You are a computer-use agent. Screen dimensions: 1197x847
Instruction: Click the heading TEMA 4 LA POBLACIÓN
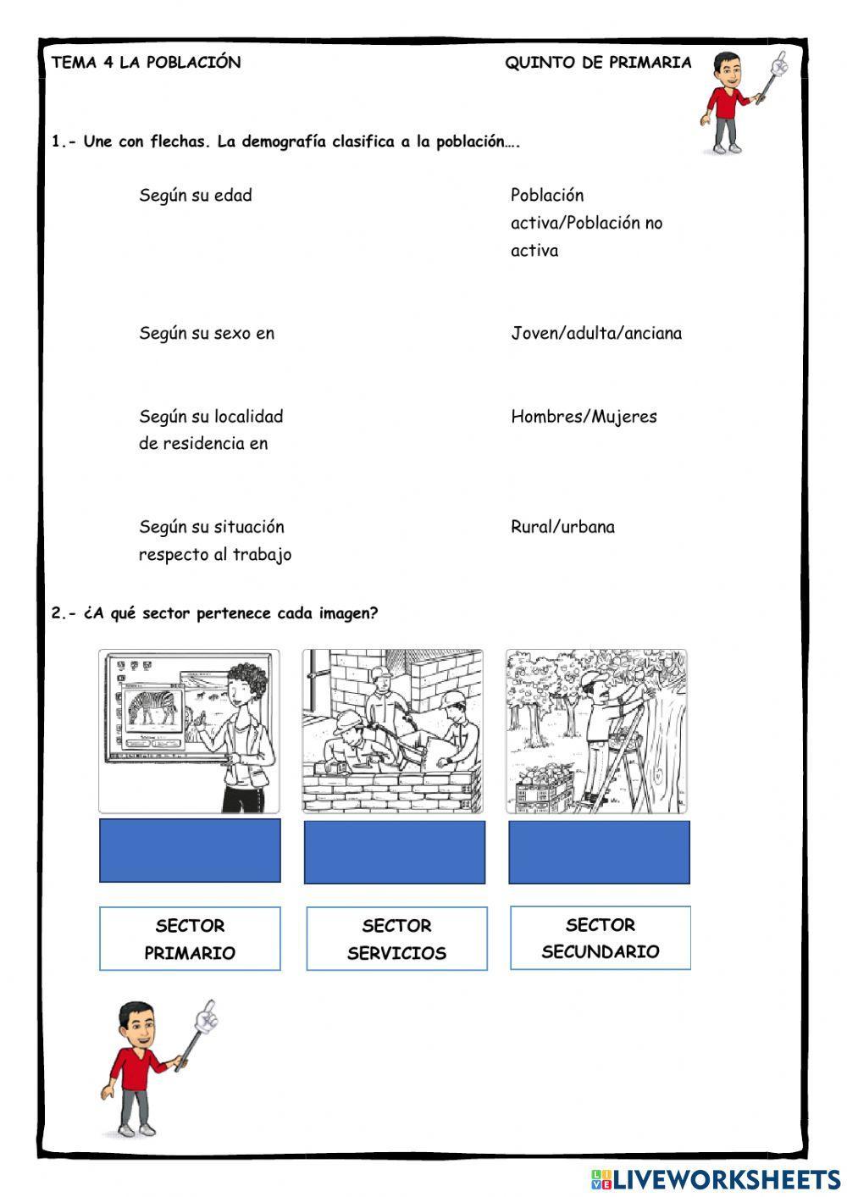pyautogui.click(x=146, y=63)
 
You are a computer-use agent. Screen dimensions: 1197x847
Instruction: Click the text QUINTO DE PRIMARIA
pyautogui.click(x=598, y=63)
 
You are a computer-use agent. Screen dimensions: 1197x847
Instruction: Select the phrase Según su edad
pyautogui.click(x=196, y=196)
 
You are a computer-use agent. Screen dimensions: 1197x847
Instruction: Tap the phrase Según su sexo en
pyautogui.click(x=207, y=334)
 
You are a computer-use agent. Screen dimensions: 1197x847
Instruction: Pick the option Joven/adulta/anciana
pyautogui.click(x=595, y=334)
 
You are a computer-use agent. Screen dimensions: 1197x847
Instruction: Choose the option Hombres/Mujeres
pyautogui.click(x=584, y=417)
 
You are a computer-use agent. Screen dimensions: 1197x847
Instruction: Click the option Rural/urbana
pyautogui.click(x=562, y=527)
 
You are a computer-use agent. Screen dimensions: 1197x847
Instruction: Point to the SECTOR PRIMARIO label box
pyautogui.click(x=190, y=939)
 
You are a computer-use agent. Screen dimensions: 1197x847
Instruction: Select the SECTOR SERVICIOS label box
pyautogui.click(x=396, y=939)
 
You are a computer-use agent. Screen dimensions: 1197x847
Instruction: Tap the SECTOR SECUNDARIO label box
pyautogui.click(x=600, y=938)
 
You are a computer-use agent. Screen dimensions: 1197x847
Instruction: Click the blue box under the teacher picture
pyautogui.click(x=190, y=851)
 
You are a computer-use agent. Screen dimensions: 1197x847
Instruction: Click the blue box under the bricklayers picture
pyautogui.click(x=395, y=851)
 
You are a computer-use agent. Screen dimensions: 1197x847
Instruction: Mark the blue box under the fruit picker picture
pyautogui.click(x=599, y=851)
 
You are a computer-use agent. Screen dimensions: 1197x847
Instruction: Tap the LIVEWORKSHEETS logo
pyautogui.click(x=716, y=1179)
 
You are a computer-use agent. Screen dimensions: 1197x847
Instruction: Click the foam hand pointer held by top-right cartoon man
pyautogui.click(x=778, y=64)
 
